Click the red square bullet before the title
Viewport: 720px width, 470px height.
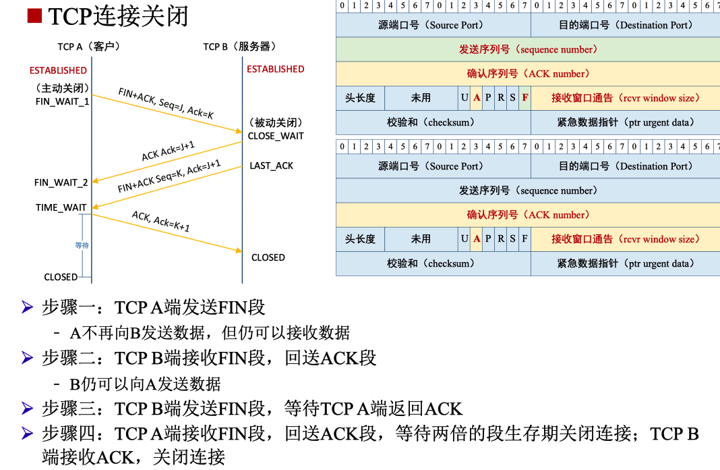click(x=34, y=16)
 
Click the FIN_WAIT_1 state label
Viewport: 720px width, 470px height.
click(x=62, y=101)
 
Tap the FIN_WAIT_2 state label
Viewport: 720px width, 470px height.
click(x=61, y=183)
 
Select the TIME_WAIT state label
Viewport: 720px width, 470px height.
click(x=61, y=207)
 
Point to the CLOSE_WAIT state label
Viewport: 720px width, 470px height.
click(x=276, y=136)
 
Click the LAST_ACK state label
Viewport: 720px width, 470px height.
click(x=271, y=165)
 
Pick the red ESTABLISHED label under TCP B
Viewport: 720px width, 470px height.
click(x=275, y=69)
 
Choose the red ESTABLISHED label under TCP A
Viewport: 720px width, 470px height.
click(x=58, y=70)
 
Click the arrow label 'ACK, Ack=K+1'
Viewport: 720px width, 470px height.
click(x=160, y=221)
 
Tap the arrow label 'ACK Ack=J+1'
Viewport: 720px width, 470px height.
click(x=168, y=151)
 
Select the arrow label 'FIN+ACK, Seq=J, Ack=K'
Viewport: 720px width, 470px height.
click(x=166, y=103)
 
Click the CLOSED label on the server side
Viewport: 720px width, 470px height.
click(x=268, y=257)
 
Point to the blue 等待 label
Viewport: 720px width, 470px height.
click(x=82, y=245)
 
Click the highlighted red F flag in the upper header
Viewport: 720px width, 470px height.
click(x=524, y=98)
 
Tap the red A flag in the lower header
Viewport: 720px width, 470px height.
click(x=477, y=239)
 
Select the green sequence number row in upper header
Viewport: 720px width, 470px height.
click(x=528, y=49)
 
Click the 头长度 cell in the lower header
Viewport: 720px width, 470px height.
click(x=360, y=239)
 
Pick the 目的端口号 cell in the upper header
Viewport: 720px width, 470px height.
click(x=625, y=25)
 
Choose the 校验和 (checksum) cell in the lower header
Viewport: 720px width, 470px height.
click(x=433, y=263)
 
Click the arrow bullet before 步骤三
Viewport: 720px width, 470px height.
click(x=27, y=409)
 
